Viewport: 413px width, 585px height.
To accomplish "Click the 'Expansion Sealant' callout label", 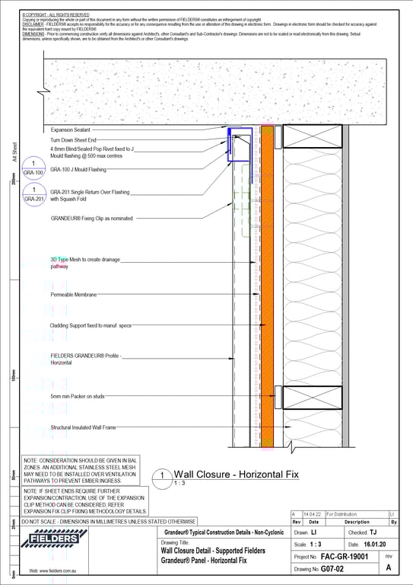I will coord(71,130).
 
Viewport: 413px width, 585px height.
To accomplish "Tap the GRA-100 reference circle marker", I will coord(34,168).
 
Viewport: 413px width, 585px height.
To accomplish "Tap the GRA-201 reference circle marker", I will coord(34,194).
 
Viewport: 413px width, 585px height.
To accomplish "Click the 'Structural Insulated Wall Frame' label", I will coord(84,428).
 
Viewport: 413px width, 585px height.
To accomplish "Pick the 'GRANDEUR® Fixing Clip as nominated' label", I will coord(91,218).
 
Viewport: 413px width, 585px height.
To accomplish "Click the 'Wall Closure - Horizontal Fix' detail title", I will coord(237,475).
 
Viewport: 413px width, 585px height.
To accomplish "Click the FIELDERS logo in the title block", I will coord(53,540).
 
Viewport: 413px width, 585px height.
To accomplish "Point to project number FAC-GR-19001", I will coord(348,557).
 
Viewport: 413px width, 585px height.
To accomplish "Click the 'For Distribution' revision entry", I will coord(343,515).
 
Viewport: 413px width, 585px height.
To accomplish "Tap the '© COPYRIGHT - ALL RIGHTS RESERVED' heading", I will coord(56,14).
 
